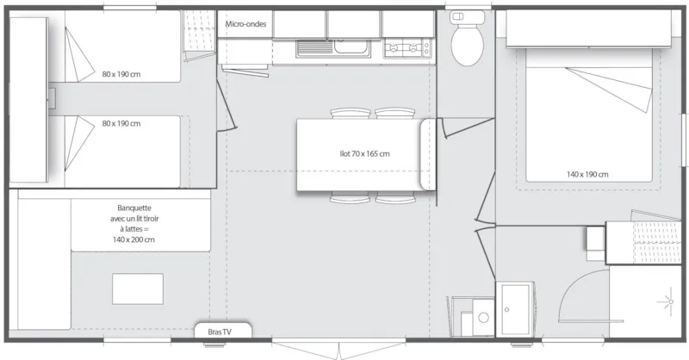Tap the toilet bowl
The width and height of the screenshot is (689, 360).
click(468, 48)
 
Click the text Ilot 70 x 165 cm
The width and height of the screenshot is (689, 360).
click(363, 154)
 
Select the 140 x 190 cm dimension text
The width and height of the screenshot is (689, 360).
click(587, 175)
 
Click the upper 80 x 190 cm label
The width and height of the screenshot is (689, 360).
click(121, 73)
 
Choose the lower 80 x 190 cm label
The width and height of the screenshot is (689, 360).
click(121, 123)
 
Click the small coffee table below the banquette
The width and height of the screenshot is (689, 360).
click(137, 288)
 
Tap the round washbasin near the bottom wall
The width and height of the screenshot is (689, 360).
click(483, 318)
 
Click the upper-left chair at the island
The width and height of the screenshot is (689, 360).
click(348, 113)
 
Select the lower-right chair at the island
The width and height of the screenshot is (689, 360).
click(395, 200)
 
